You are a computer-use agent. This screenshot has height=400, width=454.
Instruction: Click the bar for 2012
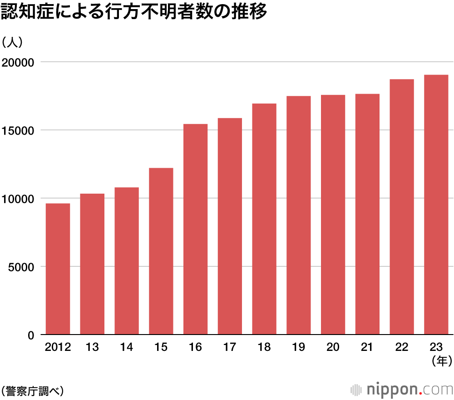[x=58, y=269]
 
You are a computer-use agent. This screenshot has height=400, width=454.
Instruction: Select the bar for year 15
[x=161, y=251]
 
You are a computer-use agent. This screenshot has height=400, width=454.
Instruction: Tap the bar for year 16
[x=195, y=230]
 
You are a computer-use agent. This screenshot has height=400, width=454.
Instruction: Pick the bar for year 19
[x=298, y=215]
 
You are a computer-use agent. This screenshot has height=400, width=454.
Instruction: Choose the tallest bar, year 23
[x=436, y=205]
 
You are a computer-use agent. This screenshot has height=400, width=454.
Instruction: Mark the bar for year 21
[x=367, y=214]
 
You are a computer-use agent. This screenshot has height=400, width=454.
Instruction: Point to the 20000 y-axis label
[x=19, y=62]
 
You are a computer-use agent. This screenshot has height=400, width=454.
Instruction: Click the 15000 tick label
[x=19, y=130]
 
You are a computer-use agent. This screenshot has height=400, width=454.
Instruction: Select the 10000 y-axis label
[x=19, y=199]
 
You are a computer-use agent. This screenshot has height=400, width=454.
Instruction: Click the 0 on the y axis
[x=31, y=335]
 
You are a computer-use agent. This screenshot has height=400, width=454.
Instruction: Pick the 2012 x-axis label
[x=58, y=347]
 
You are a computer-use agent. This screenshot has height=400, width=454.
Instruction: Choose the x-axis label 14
[x=127, y=347]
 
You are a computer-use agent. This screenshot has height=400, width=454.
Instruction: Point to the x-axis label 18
[x=264, y=347]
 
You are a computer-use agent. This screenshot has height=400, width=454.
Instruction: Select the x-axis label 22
[x=402, y=347]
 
